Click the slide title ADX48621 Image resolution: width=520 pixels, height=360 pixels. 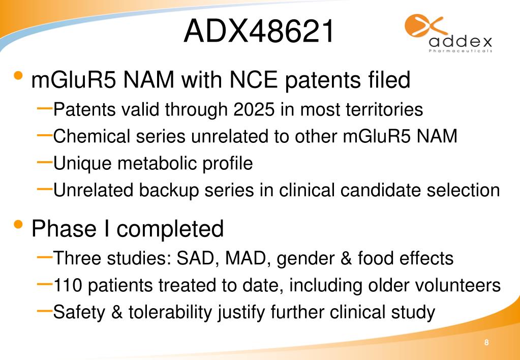point(259,32)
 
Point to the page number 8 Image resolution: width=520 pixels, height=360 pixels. point(486,343)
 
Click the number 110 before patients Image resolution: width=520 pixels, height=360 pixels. point(69,285)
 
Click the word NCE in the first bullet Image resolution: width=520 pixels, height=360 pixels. point(243,80)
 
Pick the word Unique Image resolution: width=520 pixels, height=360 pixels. point(81,163)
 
